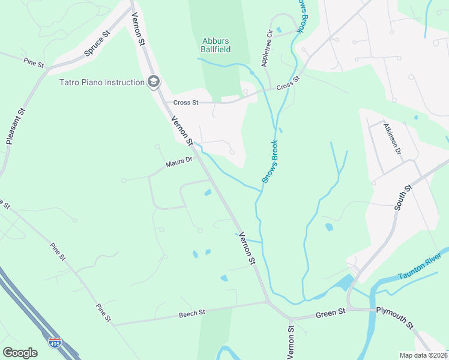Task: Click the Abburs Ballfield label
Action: (214, 46)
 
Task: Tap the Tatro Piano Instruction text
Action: (101, 82)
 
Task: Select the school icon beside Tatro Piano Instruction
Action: (154, 82)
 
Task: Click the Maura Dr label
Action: (179, 162)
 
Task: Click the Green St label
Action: (331, 313)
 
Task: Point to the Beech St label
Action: (192, 313)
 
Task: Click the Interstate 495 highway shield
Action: (55, 343)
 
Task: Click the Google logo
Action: (20, 352)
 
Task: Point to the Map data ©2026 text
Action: (423, 355)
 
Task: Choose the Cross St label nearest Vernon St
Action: (186, 103)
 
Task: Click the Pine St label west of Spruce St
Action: (34, 62)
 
